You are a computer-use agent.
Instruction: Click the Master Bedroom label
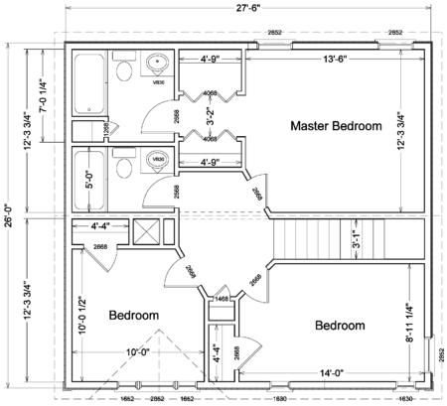coord(336,126)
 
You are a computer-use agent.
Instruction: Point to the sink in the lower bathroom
coord(157,159)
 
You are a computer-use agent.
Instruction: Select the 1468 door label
coord(222,298)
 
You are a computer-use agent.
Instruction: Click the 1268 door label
coord(105,128)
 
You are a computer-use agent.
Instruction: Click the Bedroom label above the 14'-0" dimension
coord(340,326)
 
